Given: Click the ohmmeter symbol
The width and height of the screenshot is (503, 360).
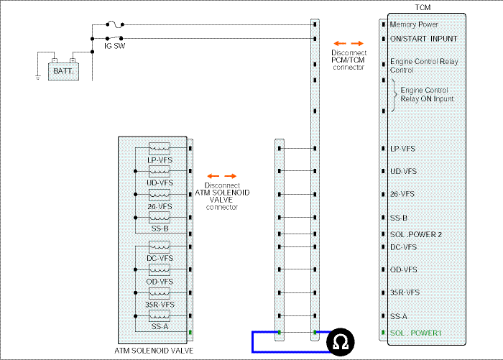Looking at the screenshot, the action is tap(341, 342).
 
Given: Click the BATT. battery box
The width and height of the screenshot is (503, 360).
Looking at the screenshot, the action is tap(63, 71).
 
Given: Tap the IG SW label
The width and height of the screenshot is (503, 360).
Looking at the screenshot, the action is tap(114, 46).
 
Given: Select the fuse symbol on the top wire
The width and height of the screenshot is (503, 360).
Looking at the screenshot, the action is tap(114, 24).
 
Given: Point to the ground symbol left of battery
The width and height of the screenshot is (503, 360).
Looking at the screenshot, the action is tap(38, 78).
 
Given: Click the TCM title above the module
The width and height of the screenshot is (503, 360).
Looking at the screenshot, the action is tap(423, 7).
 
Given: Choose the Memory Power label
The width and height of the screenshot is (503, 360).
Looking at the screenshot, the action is tap(414, 24).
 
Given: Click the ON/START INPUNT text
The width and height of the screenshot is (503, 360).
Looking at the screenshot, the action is tap(423, 39).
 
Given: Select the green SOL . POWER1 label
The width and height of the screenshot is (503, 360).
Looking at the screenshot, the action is tap(416, 333).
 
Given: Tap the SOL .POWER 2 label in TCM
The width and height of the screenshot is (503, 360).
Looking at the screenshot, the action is tap(416, 234).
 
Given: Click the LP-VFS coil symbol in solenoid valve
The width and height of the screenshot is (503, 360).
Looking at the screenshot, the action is tap(160, 149).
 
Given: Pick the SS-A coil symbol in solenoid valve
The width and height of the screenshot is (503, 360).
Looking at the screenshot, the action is tap(160, 316).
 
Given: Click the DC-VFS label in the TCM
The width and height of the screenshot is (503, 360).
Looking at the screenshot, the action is tap(403, 247).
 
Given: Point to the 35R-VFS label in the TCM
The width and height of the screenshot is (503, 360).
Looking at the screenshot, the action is tap(405, 292).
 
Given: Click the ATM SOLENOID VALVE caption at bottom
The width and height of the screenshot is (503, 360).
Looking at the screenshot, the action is tap(154, 351).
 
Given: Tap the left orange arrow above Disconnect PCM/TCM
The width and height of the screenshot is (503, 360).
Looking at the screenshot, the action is tap(340, 43).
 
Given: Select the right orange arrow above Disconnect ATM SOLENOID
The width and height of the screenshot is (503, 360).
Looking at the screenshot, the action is tap(231, 176).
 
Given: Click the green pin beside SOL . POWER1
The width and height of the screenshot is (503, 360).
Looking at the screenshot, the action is tap(383, 333).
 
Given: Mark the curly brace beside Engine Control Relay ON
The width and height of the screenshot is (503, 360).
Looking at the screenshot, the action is tap(394, 96).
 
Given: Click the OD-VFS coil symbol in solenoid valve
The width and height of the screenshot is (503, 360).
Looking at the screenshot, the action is tap(160, 269).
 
